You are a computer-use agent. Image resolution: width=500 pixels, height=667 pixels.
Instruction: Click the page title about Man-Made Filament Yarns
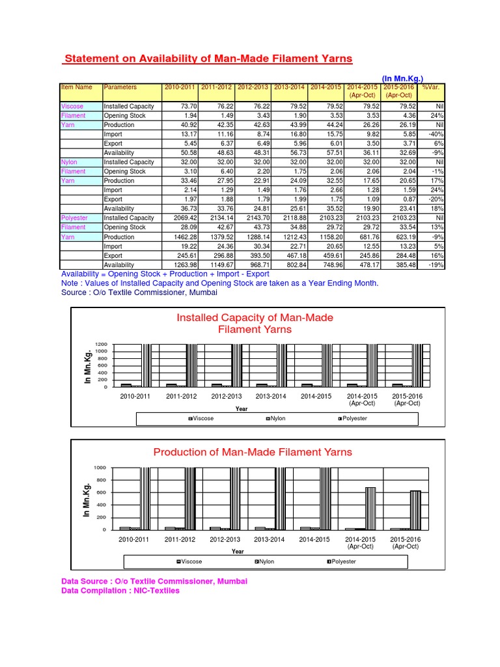(208, 59)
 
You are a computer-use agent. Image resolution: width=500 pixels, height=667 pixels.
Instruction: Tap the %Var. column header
(430, 87)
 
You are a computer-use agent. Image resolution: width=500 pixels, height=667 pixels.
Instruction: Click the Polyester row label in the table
(74, 218)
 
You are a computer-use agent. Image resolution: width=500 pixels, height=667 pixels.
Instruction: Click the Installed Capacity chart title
(255, 324)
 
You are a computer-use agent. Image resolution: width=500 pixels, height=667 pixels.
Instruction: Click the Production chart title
(253, 452)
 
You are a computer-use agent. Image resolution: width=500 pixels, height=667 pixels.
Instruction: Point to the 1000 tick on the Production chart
(100, 468)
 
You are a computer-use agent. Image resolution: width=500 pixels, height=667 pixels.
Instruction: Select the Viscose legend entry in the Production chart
(189, 561)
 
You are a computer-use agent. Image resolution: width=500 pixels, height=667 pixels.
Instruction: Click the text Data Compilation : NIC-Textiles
(120, 591)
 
